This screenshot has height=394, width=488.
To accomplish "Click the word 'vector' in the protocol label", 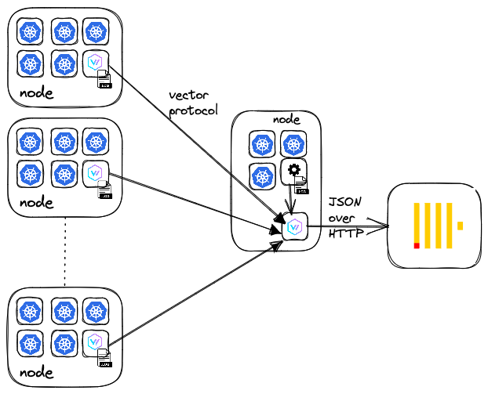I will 188,95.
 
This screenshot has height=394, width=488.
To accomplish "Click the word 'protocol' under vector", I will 193,110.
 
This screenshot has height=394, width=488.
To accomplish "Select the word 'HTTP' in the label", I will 343,234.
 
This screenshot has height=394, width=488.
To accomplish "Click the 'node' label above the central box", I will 287,120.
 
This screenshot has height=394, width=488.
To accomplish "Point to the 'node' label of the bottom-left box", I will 37,373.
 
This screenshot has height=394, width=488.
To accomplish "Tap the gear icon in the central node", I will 293,171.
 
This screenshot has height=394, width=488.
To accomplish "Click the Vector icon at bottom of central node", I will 294,227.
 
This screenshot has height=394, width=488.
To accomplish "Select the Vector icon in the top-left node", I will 96,63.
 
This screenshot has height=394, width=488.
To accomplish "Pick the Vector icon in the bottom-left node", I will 96,341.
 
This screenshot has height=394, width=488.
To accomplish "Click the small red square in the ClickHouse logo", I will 417,246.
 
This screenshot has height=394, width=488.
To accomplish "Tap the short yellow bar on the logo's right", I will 461,226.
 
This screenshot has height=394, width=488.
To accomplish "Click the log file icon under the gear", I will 301,186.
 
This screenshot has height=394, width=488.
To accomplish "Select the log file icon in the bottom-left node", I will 104,359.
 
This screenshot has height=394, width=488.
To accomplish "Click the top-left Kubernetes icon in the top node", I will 31,32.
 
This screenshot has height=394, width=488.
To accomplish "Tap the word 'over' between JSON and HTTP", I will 342,219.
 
